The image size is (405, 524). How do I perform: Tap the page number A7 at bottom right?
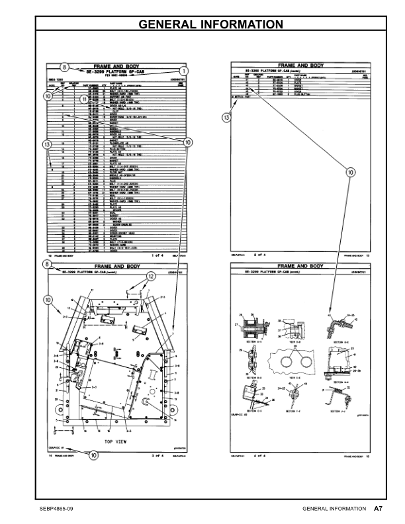378,509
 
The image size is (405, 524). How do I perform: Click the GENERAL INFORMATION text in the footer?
333,509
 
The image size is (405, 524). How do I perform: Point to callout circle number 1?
183,70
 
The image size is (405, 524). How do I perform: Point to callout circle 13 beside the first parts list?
46,144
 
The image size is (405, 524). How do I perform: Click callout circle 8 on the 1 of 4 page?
64,66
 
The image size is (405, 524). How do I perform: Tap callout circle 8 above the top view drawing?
46,265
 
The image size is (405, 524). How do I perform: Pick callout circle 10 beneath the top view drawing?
93,455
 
